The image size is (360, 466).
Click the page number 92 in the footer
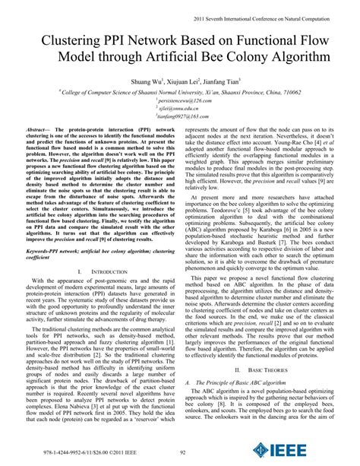(181, 453)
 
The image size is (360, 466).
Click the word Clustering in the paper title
(69, 40)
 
